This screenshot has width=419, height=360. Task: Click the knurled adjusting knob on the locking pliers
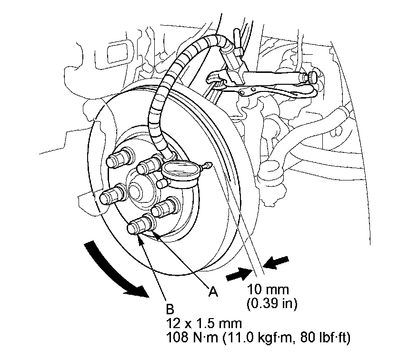(x=313, y=76)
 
